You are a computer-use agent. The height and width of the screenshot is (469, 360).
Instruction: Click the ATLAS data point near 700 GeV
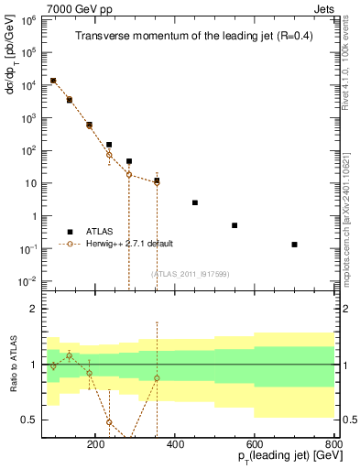click(x=294, y=245)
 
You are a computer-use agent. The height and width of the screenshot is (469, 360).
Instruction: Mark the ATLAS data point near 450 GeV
click(x=194, y=202)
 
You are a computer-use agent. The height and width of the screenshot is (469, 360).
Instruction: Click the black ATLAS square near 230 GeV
click(x=109, y=145)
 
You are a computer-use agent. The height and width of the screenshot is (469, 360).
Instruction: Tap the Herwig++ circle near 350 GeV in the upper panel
click(x=157, y=183)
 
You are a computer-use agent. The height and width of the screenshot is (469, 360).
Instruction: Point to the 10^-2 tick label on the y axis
click(x=27, y=281)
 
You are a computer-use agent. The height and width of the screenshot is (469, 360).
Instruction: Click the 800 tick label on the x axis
click(x=333, y=442)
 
